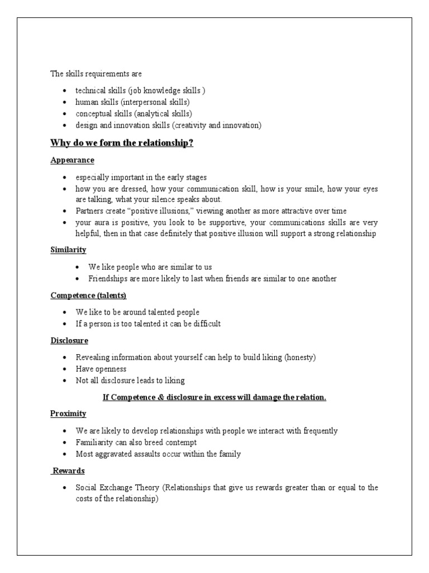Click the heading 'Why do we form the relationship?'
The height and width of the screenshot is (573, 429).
tap(122, 143)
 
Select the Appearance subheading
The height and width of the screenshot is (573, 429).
tap(72, 161)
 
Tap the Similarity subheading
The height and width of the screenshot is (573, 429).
tap(68, 250)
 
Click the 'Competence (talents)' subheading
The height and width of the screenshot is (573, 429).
tap(88, 295)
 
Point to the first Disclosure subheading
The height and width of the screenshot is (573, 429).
tap(69, 340)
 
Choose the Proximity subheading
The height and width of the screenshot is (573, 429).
tap(68, 414)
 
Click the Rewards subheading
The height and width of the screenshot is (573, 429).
tap(68, 471)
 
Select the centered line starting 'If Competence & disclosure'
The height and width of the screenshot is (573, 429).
tap(214, 397)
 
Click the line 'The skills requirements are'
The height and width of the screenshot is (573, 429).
tap(96, 74)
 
